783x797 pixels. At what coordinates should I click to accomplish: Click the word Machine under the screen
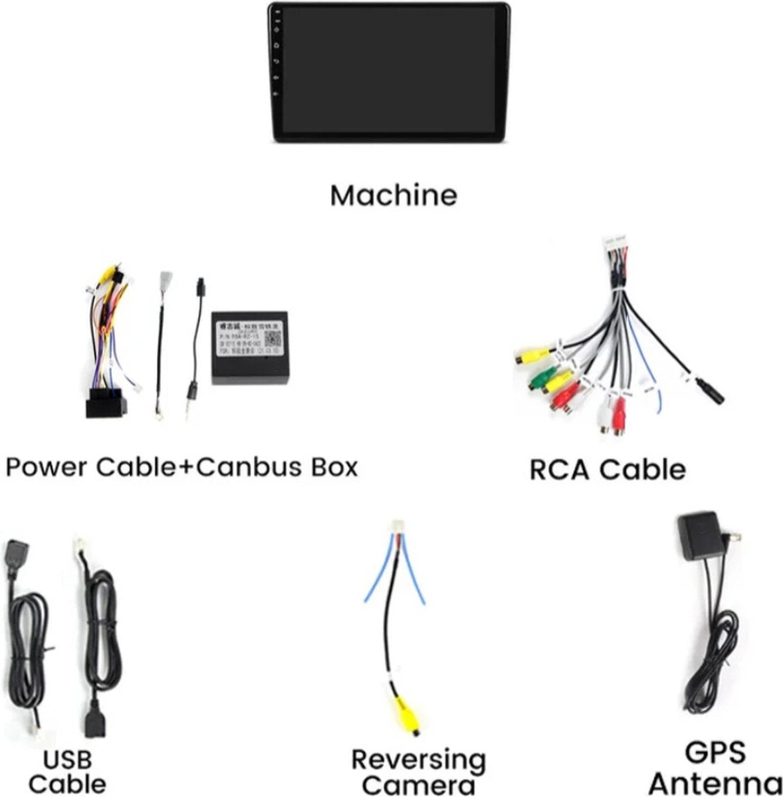pyautogui.click(x=393, y=195)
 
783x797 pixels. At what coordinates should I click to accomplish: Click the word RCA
pyautogui.click(x=558, y=470)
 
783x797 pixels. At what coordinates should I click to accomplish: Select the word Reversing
pyautogui.click(x=418, y=759)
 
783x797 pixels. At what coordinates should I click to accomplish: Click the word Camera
pyautogui.click(x=418, y=784)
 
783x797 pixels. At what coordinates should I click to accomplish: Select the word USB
pyautogui.click(x=66, y=759)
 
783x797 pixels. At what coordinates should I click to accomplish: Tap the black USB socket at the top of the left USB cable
pyautogui.click(x=15, y=557)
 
